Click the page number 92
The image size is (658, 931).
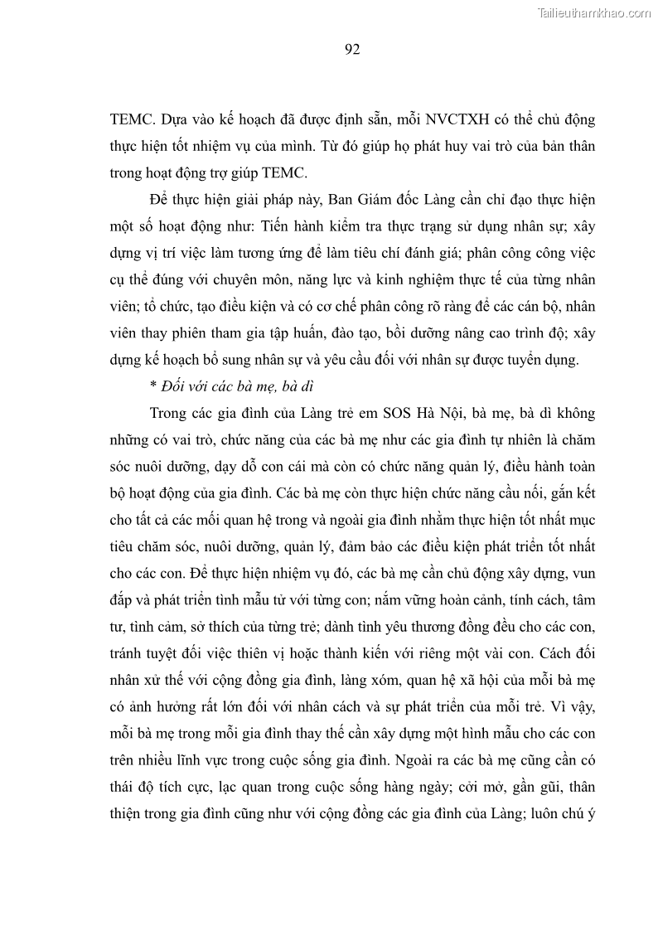[351, 49]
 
